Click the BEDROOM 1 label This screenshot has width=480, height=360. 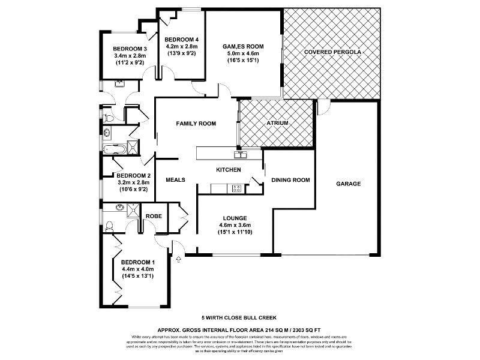(x=138, y=262)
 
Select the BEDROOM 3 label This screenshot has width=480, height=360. (x=130, y=49)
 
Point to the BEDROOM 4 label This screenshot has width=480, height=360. (x=182, y=40)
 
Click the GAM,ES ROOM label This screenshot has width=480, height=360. (x=243, y=46)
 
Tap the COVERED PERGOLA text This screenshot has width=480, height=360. (x=332, y=52)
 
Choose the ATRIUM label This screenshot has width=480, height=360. (x=277, y=124)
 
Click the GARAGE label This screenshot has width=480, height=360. (x=348, y=184)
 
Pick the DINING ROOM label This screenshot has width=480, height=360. (x=290, y=180)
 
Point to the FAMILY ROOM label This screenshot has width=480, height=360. (x=196, y=124)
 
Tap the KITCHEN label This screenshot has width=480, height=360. (x=229, y=170)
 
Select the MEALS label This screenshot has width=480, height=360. (x=175, y=180)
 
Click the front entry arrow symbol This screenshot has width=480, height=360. (x=178, y=259)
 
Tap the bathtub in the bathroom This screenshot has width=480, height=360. (x=115, y=148)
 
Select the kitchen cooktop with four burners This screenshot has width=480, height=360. (x=236, y=188)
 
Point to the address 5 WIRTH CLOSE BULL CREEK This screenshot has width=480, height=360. (x=239, y=317)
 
